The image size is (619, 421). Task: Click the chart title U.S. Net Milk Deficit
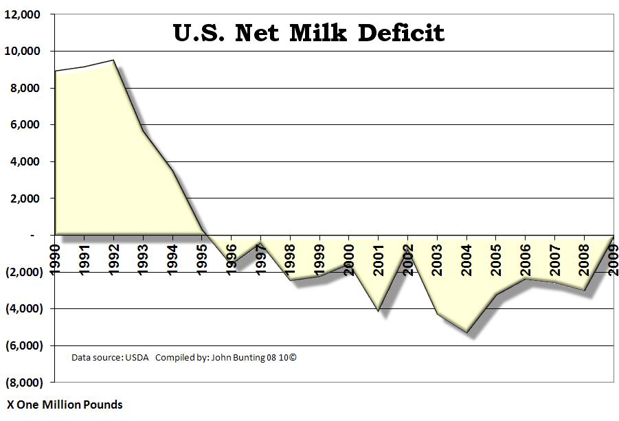pyautogui.click(x=308, y=32)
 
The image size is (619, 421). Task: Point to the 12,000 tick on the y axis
pyautogui.click(x=24, y=14)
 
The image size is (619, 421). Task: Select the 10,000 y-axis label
pyautogui.click(x=24, y=52)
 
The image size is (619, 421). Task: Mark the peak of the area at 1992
pyautogui.click(x=113, y=60)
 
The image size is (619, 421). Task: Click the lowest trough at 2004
pyautogui.click(x=466, y=332)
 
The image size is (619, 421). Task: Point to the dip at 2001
pyautogui.click(x=378, y=310)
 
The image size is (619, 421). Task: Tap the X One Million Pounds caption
pyautogui.click(x=65, y=405)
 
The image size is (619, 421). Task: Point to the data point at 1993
pyautogui.click(x=142, y=130)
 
